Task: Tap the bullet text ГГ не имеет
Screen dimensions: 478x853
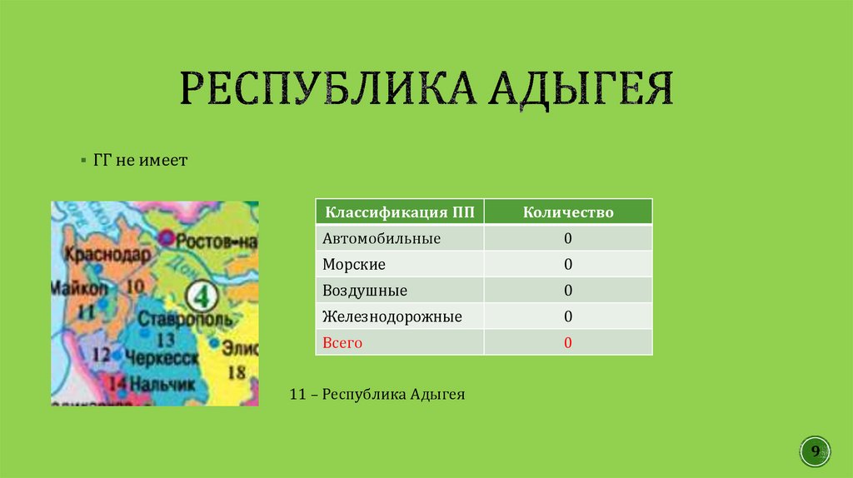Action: coord(140,159)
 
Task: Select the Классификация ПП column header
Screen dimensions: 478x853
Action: coord(400,212)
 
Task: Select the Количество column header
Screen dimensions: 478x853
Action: coord(568,212)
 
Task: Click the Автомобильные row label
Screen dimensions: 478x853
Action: coord(382,238)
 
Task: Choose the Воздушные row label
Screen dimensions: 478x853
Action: coord(365,291)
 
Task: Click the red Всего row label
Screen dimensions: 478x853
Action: coord(343,342)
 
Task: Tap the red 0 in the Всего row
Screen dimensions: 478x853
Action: coord(567,342)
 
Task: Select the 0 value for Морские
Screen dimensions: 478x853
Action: coord(567,265)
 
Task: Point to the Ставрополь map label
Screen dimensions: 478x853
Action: coord(178,319)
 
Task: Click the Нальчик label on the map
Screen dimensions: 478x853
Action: coord(162,384)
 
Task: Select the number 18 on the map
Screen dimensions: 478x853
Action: coord(237,371)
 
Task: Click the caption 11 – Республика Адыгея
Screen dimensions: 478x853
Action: coord(377,394)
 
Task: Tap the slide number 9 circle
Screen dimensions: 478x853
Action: coord(816,451)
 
